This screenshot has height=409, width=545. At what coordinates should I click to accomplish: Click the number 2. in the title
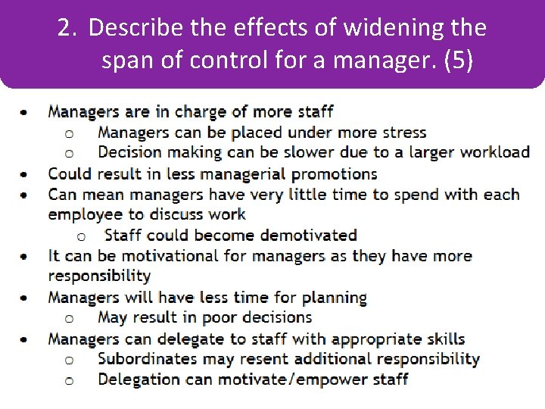(67, 29)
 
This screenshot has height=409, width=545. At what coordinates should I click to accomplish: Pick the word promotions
(335, 174)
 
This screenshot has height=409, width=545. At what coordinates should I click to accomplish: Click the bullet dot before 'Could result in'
(26, 174)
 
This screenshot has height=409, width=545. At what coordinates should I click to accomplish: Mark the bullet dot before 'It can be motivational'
(26, 256)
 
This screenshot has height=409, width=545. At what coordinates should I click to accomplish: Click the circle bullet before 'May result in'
(69, 318)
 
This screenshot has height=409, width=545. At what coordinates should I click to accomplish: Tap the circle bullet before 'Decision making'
(69, 153)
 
